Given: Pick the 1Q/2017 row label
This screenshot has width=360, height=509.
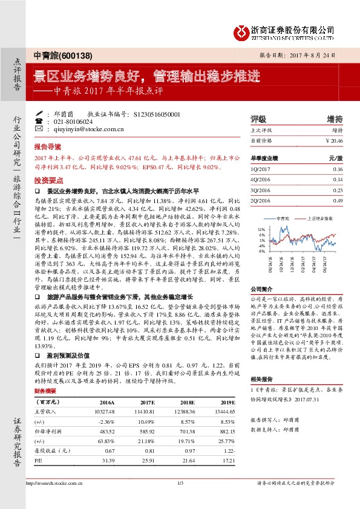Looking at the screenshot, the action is point(260,170).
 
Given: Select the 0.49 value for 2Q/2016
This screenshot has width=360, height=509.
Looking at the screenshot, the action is point(338,200).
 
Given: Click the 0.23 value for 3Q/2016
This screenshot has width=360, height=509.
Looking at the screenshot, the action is point(338,190).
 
